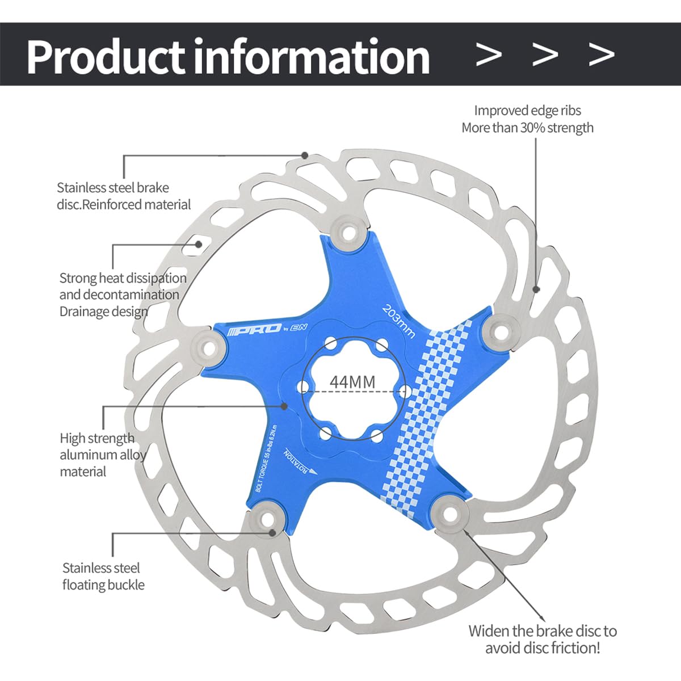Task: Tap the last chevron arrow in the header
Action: point(602,54)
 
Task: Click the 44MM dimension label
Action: point(352,382)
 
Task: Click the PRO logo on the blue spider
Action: point(254,329)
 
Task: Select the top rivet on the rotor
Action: point(348,233)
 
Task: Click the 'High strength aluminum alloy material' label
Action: point(103,455)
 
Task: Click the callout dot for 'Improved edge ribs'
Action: point(536,289)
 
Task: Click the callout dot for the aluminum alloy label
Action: point(284,406)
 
